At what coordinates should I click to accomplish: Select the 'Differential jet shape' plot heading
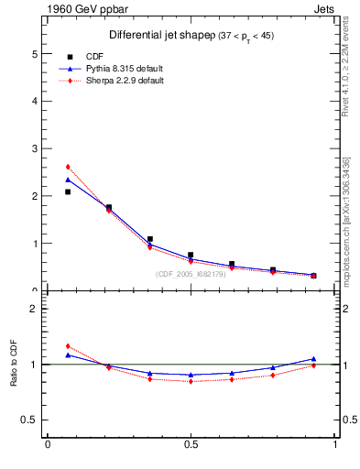[165, 35]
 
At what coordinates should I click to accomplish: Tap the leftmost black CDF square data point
[68, 191]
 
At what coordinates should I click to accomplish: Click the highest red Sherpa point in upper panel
[68, 167]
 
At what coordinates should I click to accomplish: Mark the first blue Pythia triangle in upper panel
[68, 180]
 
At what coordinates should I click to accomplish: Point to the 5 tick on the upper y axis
[36, 53]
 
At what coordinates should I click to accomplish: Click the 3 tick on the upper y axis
[36, 148]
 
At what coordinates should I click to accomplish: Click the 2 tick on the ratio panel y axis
[36, 309]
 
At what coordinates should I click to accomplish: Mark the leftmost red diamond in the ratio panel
[68, 346]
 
